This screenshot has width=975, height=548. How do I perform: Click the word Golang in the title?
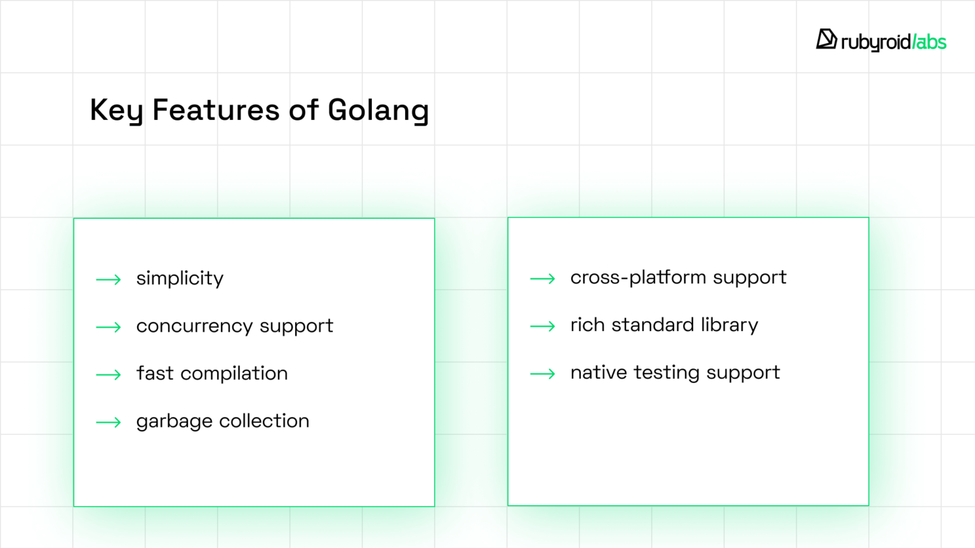378,110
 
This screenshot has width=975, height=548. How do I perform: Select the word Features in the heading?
216,110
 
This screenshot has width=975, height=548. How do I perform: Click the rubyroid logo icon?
826,39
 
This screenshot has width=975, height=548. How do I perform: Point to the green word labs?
931,42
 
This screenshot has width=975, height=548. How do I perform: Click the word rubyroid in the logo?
875,42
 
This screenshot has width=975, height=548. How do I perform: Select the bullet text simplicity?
180,278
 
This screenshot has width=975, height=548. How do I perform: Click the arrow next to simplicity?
109,280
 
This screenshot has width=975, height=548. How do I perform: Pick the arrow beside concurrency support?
109,327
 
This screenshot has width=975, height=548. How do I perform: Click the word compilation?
234,374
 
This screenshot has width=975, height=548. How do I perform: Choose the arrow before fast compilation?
109,375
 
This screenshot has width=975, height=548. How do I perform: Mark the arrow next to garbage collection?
109,422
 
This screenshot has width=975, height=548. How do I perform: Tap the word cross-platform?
638,277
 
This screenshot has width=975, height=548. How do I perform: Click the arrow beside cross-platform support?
543,278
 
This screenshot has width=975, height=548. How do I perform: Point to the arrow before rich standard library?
543,326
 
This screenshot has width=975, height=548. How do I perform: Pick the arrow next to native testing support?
543,374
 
